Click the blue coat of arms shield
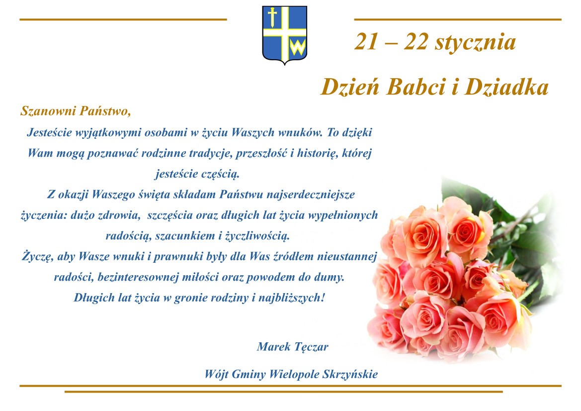[x=285, y=35]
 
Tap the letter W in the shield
[x=298, y=47]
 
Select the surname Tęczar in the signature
[x=311, y=347]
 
